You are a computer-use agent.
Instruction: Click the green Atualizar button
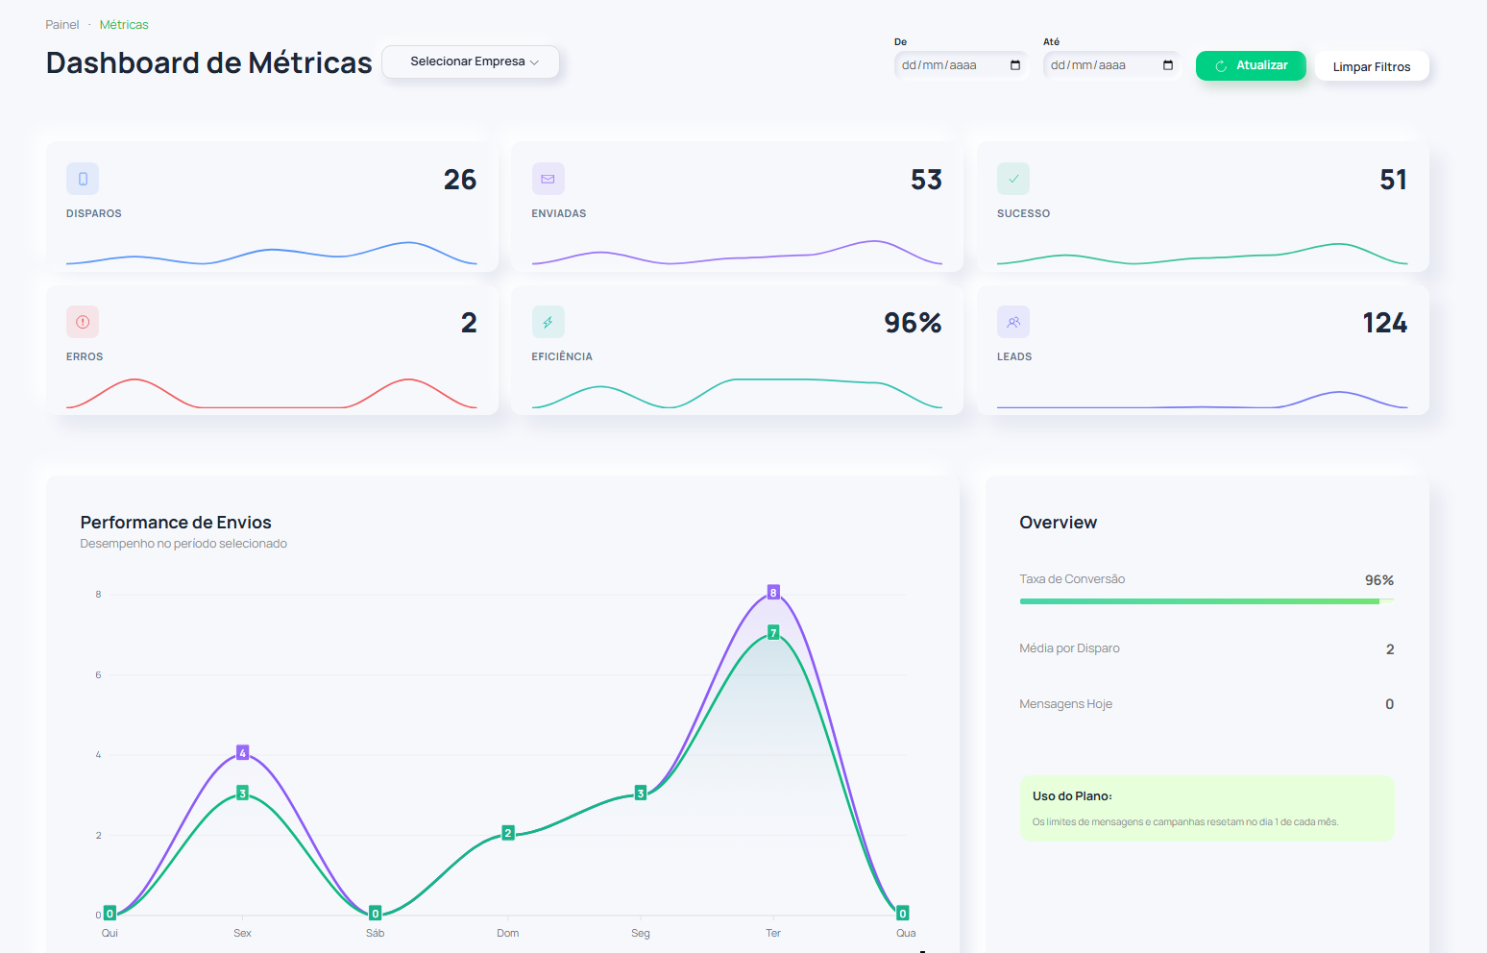[x=1250, y=65]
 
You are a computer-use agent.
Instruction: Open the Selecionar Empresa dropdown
[x=471, y=61]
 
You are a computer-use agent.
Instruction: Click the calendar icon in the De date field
[x=1015, y=65]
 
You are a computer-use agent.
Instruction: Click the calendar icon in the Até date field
[x=1168, y=65]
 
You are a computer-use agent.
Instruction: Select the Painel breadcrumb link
[x=62, y=25]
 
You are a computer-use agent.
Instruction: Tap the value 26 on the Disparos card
[x=460, y=180]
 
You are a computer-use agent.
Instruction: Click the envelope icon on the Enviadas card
[x=548, y=179]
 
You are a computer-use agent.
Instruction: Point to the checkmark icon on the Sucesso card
[x=1013, y=179]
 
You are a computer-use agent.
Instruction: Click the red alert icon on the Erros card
[x=83, y=322]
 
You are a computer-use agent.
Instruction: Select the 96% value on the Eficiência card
[x=913, y=323]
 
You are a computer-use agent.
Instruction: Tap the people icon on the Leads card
[x=1013, y=322]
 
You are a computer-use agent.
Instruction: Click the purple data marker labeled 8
[x=773, y=592]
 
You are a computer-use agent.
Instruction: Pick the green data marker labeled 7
[x=773, y=632]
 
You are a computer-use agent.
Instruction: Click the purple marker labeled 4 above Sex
[x=243, y=752]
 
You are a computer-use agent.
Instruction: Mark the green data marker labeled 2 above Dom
[x=508, y=833]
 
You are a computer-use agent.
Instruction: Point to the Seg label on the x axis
[x=641, y=933]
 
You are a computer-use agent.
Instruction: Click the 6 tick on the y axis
[x=98, y=675]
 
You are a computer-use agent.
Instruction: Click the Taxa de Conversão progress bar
[x=1206, y=601]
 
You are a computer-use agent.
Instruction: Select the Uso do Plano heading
[x=1072, y=796]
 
